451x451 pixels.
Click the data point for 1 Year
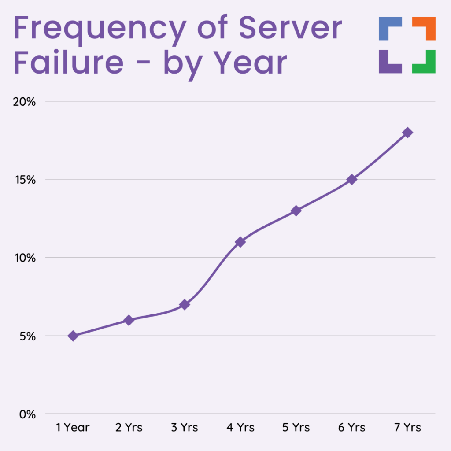coord(73,336)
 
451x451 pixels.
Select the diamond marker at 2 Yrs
coord(129,320)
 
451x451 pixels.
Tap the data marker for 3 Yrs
coord(185,304)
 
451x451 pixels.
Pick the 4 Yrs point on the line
coord(240,242)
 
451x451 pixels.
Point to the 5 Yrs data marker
coord(296,211)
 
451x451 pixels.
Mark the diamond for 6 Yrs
coord(351,179)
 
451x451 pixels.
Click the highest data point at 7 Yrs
coord(407,133)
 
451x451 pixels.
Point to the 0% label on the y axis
coord(26,414)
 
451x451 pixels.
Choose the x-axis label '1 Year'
coord(73,427)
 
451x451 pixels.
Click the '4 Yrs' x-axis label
coord(240,427)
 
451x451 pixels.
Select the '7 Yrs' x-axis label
coord(407,427)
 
